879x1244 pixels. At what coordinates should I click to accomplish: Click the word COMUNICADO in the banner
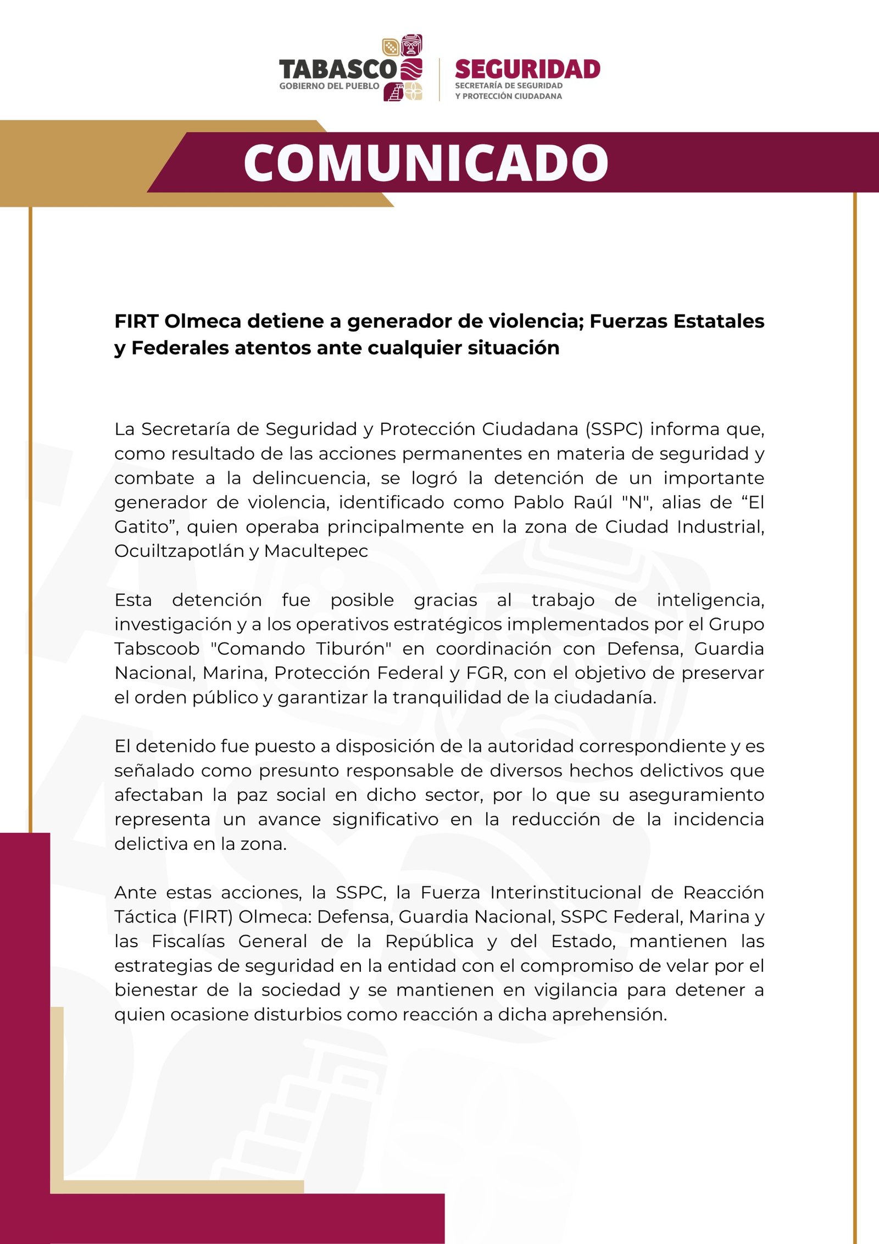pos(426,163)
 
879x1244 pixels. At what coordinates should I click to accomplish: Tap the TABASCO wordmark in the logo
pos(337,70)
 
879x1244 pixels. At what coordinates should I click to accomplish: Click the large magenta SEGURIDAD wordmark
pos(527,70)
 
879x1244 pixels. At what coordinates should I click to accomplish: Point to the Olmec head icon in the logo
pos(411,45)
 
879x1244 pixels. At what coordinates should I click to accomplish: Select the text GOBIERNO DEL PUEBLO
pos(329,86)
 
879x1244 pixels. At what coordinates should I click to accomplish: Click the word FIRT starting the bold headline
pos(136,321)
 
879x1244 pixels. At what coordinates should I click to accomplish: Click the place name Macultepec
pos(316,551)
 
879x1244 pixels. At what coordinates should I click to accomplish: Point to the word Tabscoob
pos(157,649)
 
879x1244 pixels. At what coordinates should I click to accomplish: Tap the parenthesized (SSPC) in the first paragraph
pos(614,429)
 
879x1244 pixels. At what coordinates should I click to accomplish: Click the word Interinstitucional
pos(566,893)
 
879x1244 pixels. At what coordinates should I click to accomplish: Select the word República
pos(429,941)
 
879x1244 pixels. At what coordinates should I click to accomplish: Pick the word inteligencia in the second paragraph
pos(710,600)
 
